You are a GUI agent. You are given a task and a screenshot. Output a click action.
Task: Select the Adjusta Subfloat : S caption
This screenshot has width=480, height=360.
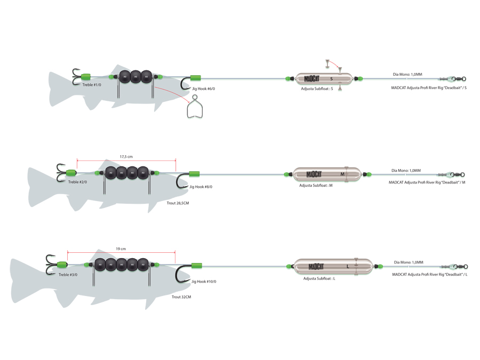pyautogui.click(x=317, y=89)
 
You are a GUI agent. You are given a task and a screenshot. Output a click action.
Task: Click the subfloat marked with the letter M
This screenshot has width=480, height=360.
pyautogui.click(x=327, y=174)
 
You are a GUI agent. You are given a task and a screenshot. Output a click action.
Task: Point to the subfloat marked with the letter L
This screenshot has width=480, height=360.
pyautogui.click(x=333, y=266)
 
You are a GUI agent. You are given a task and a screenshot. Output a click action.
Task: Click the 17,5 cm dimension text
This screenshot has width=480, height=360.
pyautogui.click(x=126, y=157)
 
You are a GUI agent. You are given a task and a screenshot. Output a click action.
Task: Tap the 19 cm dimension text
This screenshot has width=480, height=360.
pyautogui.click(x=121, y=249)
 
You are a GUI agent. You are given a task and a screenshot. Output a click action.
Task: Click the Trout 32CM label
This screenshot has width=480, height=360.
pyautogui.click(x=181, y=297)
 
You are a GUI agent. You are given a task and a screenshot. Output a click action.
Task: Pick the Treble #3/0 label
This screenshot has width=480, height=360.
pyautogui.click(x=68, y=275)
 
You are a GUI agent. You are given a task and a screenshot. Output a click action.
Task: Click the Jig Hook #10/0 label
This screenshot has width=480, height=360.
pyautogui.click(x=204, y=281)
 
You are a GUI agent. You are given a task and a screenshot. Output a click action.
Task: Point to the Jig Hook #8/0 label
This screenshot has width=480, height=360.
pyautogui.click(x=201, y=187)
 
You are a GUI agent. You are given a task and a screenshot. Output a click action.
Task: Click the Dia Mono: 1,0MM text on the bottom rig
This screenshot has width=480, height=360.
pyautogui.click(x=409, y=262)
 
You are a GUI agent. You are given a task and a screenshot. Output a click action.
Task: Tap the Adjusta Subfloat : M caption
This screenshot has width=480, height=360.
pyautogui.click(x=316, y=186)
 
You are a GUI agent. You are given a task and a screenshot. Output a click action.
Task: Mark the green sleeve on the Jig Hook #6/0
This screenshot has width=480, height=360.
pyautogui.click(x=195, y=78)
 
